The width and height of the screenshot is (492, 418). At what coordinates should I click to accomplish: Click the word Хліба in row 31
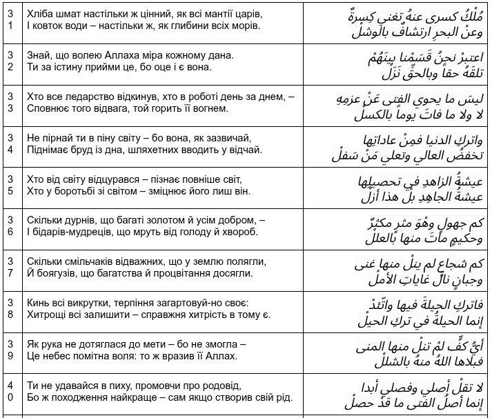pyautogui.click(x=39, y=14)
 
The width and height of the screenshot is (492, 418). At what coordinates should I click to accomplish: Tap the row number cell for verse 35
pyautogui.click(x=10, y=185)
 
